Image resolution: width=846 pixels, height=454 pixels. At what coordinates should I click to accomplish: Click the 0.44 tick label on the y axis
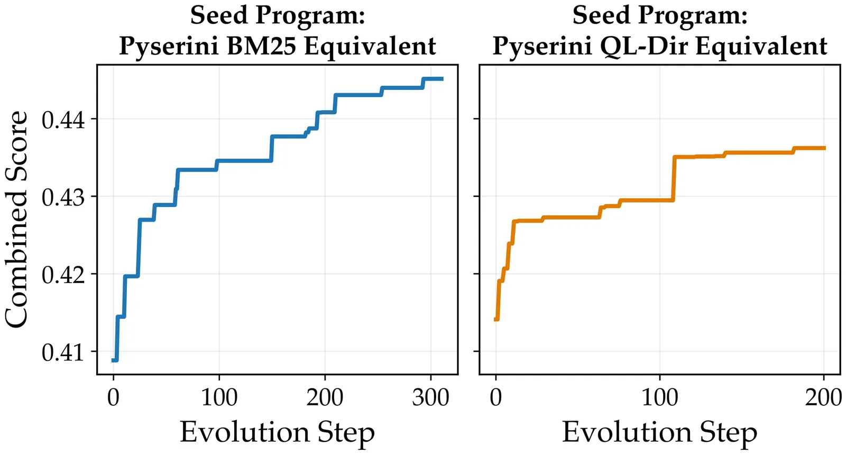tap(63, 120)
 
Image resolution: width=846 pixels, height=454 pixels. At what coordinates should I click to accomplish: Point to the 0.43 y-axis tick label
tap(63, 197)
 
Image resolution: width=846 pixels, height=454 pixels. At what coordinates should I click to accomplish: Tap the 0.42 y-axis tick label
tap(63, 275)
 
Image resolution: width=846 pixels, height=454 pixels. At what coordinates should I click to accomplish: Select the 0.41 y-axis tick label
tap(63, 352)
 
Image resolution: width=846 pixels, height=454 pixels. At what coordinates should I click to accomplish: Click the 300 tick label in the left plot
tap(430, 397)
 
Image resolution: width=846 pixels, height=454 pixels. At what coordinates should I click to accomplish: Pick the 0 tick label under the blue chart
tap(113, 397)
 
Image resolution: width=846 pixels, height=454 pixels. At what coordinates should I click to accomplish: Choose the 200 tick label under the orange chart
tap(823, 397)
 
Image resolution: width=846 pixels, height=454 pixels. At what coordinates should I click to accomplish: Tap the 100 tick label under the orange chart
tap(659, 397)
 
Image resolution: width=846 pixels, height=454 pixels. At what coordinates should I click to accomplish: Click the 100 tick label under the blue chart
tap(219, 397)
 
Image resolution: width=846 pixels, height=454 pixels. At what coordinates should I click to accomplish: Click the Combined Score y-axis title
tap(17, 219)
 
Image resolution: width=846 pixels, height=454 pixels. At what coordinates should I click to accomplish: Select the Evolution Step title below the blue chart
tap(277, 432)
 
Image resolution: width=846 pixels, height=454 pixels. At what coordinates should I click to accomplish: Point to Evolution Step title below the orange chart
tap(659, 432)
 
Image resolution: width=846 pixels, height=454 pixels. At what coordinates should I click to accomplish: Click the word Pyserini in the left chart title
tap(169, 46)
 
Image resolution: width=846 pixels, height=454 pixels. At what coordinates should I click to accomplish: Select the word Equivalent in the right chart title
tap(761, 46)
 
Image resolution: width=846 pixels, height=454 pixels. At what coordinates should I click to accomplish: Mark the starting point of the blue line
tap(113, 360)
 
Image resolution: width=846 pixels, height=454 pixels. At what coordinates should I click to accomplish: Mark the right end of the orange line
tap(824, 148)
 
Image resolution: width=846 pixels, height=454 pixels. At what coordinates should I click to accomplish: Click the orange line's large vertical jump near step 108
tap(674, 178)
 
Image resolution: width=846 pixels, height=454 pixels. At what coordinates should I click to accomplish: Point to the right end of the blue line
tap(442, 79)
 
